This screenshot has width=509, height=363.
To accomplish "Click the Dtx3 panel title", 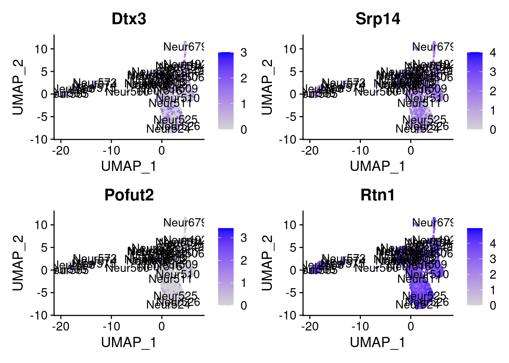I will click(x=129, y=19).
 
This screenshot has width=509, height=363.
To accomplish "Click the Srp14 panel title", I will click(x=378, y=19).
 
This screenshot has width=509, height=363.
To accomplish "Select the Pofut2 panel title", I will click(x=129, y=195).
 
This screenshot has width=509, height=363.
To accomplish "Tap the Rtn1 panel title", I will click(x=378, y=195).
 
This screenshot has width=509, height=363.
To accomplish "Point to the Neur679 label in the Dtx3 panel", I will click(x=184, y=47).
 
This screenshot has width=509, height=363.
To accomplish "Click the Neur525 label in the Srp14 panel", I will click(x=424, y=120).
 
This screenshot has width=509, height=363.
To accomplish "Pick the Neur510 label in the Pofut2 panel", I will click(x=178, y=274).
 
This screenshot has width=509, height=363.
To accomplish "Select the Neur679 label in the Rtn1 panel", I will click(x=432, y=223).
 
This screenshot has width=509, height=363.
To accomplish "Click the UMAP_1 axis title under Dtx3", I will click(x=129, y=166).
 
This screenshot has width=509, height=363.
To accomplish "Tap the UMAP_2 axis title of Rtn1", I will click(x=267, y=263).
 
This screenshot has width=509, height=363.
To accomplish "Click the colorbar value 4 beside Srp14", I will click(x=493, y=53).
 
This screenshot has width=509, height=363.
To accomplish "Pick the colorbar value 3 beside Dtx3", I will click(x=244, y=53).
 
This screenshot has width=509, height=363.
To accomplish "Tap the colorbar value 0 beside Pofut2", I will click(x=244, y=306).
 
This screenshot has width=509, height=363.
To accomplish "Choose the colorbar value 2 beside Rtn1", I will click(x=493, y=275).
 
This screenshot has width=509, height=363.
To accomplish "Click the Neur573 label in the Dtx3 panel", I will click(x=95, y=83).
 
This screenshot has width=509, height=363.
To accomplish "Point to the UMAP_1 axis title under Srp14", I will click(x=378, y=166).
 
